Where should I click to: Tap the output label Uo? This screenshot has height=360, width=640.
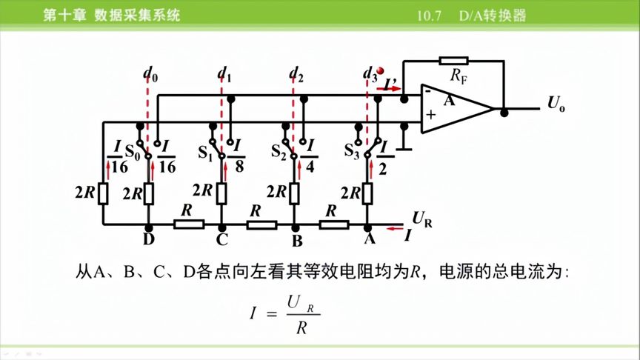(x=556, y=104)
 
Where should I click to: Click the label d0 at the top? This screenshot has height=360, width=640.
(x=150, y=73)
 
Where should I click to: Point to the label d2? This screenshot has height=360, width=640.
(x=296, y=73)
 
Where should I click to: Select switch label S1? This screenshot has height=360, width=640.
(x=204, y=154)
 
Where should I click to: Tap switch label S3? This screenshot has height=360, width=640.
(x=352, y=152)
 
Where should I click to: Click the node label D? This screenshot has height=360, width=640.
(x=149, y=241)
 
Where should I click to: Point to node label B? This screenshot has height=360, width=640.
(x=296, y=241)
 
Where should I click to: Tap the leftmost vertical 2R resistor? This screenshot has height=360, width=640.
(x=104, y=193)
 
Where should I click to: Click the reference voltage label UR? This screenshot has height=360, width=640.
(x=421, y=219)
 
